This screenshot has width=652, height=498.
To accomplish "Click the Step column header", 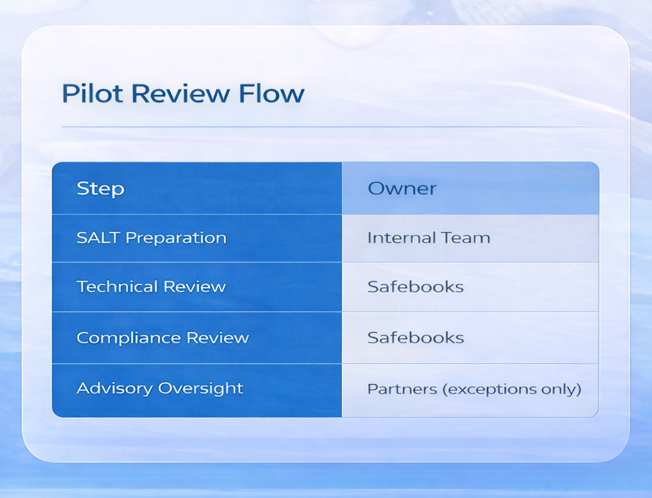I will point(100,189).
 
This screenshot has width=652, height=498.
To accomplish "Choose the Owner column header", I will point(402,189).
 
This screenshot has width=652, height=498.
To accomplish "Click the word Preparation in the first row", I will point(176,239).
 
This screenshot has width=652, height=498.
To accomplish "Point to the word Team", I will point(468,238).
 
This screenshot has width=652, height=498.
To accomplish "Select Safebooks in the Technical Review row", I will point(415,287).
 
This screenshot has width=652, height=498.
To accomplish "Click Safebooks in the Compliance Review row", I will point(415,338).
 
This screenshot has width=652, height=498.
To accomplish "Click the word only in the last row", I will point(563,389).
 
